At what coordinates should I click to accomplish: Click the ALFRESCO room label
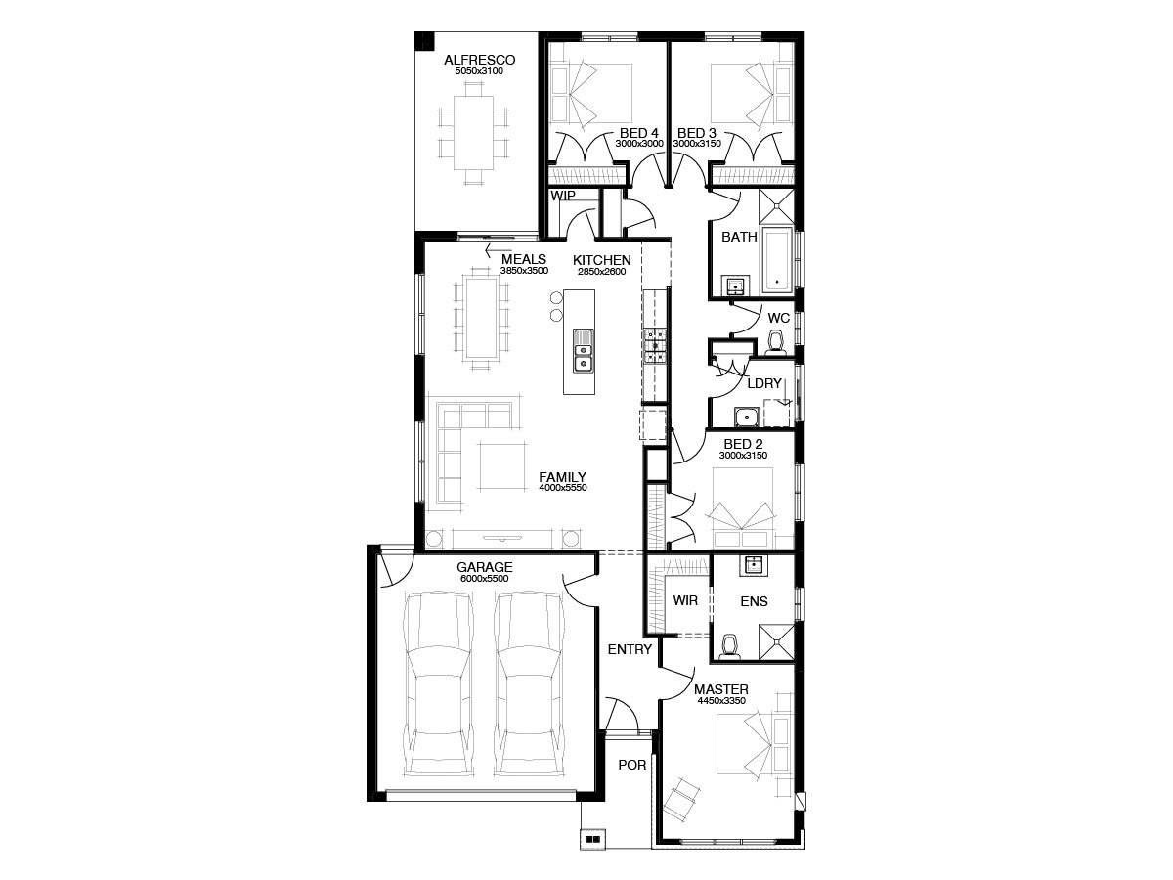(x=479, y=60)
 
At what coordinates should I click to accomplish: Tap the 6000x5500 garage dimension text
(x=484, y=578)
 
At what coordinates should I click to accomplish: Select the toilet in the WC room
(x=775, y=342)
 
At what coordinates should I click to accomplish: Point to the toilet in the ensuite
(x=729, y=647)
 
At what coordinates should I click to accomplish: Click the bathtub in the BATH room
(x=776, y=260)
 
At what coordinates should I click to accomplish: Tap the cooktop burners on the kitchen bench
(x=655, y=346)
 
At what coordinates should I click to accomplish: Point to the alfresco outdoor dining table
(x=473, y=133)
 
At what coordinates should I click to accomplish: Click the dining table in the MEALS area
(x=481, y=318)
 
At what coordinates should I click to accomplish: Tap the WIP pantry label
(x=563, y=196)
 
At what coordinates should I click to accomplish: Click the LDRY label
(x=764, y=383)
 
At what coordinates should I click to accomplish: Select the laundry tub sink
(x=746, y=417)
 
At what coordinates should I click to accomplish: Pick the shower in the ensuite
(x=776, y=641)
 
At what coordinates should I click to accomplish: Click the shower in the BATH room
(x=776, y=205)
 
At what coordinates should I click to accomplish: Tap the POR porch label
(x=632, y=765)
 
